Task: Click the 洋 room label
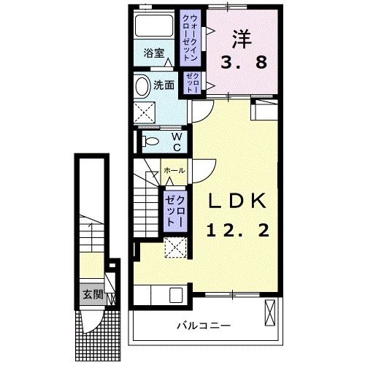tap(243, 36)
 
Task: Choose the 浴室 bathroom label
tap(153, 53)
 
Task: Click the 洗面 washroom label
tap(164, 85)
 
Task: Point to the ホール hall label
tap(174, 170)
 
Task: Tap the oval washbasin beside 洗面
tap(142, 86)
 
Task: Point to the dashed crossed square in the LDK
tap(175, 248)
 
